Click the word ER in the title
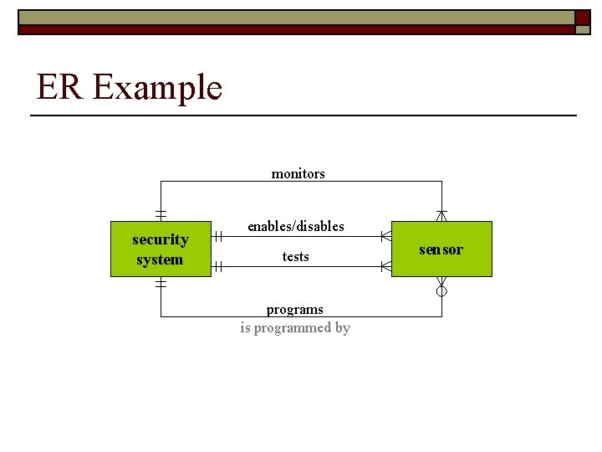pos(59,87)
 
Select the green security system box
pos(161,249)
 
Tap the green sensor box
pos(441,249)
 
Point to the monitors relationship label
pos(298,174)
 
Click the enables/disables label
pos(295,226)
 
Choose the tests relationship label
pos(295,257)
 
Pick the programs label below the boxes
pos(294,309)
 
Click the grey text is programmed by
pos(294,328)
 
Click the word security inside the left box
pos(161,239)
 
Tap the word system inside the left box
pos(160,259)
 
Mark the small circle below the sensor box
pos(441,291)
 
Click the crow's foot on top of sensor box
pos(441,215)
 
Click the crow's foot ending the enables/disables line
pos(385,237)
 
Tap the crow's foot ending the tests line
pos(385,267)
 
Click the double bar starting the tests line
pos(217,267)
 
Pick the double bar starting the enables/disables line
pos(217,237)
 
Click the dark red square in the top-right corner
pos(583,18)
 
